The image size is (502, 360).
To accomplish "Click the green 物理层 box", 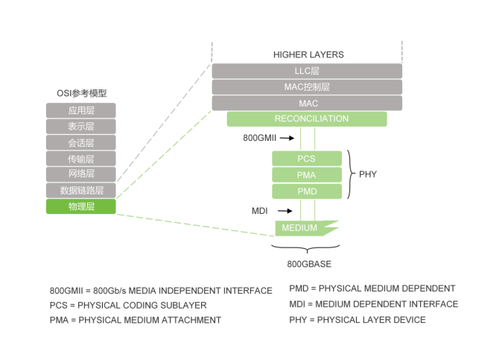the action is (x=81, y=206).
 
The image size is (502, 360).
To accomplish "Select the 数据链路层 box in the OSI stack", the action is (x=81, y=190).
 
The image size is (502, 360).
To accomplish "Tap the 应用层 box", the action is (x=81, y=110).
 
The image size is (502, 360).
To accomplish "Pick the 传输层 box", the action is (x=81, y=159).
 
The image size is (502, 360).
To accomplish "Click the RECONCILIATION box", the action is (x=307, y=119).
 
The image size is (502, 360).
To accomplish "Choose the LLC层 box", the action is (x=307, y=71).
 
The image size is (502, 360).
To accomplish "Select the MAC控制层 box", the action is (x=307, y=87).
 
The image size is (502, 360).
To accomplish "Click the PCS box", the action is (x=307, y=159).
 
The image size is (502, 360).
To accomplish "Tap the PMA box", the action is (x=307, y=175).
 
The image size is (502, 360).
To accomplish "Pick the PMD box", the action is (x=307, y=192).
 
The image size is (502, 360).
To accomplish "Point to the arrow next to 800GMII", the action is (x=287, y=138).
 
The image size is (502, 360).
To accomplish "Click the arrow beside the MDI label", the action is (x=285, y=211).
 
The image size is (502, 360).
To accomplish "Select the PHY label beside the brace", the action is (x=368, y=174).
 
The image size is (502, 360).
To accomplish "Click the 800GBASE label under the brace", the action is (x=309, y=264).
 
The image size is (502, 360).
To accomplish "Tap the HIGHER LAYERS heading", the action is (x=308, y=54).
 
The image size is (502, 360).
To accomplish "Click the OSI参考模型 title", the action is (x=82, y=93).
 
